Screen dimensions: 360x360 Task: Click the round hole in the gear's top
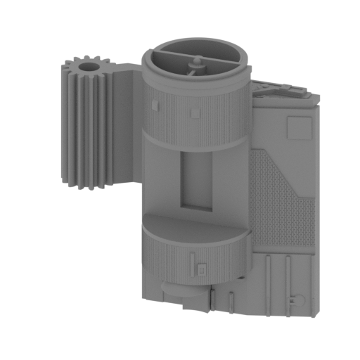click(x=89, y=67)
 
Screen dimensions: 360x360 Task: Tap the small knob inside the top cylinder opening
click(x=196, y=66)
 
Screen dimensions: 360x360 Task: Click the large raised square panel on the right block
click(x=300, y=127)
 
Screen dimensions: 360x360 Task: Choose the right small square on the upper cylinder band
click(x=193, y=110)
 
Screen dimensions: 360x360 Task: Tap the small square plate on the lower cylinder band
click(x=202, y=268)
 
